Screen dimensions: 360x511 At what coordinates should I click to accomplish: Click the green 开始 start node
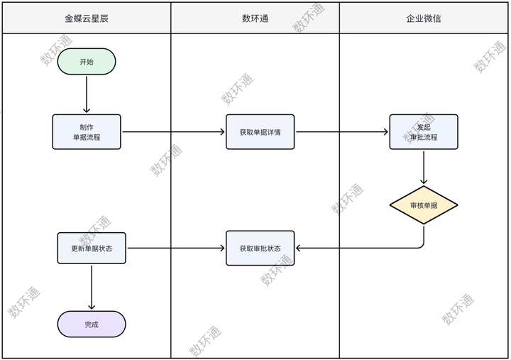[87, 62]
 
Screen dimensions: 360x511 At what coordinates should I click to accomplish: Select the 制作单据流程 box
[87, 132]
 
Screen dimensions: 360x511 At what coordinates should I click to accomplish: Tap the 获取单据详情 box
[260, 132]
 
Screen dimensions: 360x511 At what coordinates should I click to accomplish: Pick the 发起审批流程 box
[424, 132]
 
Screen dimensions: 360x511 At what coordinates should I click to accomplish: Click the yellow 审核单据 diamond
[424, 206]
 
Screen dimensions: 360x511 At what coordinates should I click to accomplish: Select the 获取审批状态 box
[260, 249]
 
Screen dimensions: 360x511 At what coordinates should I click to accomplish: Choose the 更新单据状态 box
[92, 249]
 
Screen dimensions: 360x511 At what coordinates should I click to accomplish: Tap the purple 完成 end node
[92, 324]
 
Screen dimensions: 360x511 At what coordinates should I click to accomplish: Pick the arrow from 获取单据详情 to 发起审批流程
[341, 132]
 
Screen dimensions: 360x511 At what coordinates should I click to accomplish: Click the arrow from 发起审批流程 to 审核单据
[424, 168]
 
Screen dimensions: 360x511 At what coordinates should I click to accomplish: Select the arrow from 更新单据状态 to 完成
[92, 287]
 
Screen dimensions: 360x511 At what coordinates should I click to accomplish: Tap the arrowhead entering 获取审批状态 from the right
[299, 249]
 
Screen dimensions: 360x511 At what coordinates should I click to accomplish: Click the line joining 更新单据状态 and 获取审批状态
[174, 249]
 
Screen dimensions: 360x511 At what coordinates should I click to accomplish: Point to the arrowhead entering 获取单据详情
[223, 132]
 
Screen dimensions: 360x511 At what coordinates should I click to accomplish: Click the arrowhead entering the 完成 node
[92, 307]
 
